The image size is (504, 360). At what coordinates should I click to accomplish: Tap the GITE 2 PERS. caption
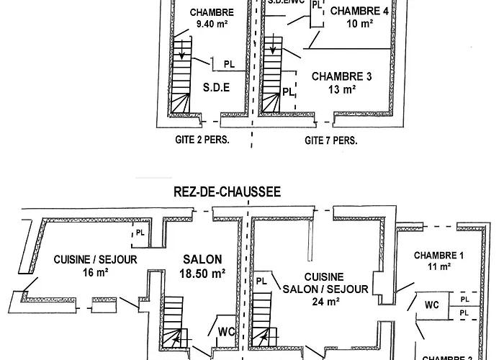coord(202,140)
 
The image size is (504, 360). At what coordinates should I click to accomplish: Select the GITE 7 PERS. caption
coord(330,140)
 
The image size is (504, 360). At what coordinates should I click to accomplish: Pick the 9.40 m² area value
coord(211,24)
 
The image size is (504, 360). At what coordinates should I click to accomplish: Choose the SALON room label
coord(202,259)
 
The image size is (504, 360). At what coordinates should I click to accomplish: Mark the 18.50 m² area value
coord(202,273)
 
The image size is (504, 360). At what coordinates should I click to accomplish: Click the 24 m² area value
coord(332,302)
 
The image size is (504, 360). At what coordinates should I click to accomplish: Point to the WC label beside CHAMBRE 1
coord(431,304)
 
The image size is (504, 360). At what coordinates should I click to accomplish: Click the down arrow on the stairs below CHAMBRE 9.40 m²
coord(184,53)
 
